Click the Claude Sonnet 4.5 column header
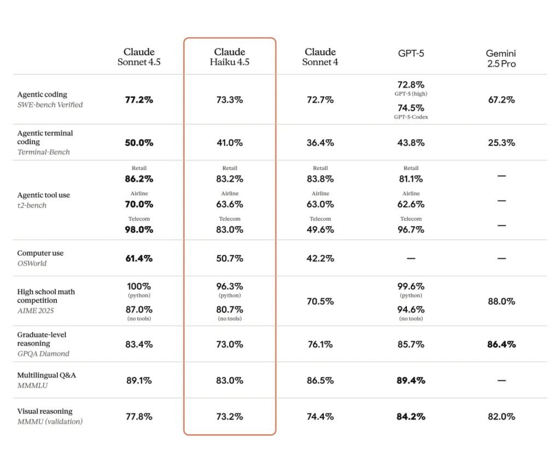tap(139, 57)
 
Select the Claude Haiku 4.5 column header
tap(230, 57)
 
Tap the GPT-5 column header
tap(411, 54)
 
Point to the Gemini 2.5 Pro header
tap(501, 58)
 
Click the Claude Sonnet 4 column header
tap(320, 57)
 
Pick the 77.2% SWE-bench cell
tap(139, 100)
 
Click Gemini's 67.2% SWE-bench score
tap(501, 100)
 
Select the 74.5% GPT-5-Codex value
tap(411, 108)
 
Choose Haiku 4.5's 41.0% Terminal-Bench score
tap(230, 143)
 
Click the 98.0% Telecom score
tap(139, 230)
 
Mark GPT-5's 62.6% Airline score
tap(411, 204)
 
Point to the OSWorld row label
tap(40, 258)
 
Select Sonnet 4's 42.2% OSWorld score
tap(320, 258)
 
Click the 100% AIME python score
tap(139, 286)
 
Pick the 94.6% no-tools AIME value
tap(411, 310)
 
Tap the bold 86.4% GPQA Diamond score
tap(501, 345)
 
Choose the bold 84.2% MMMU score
tap(411, 417)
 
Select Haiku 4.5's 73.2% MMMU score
tap(230, 417)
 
